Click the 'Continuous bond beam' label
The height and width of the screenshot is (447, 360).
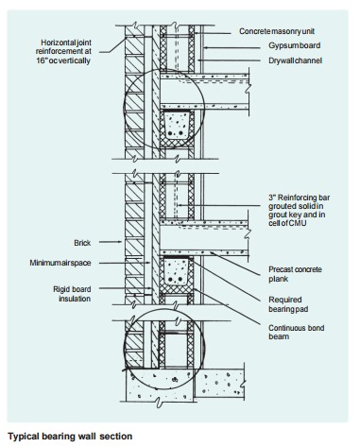point(290,327)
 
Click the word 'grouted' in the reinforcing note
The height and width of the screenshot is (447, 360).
point(281,206)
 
